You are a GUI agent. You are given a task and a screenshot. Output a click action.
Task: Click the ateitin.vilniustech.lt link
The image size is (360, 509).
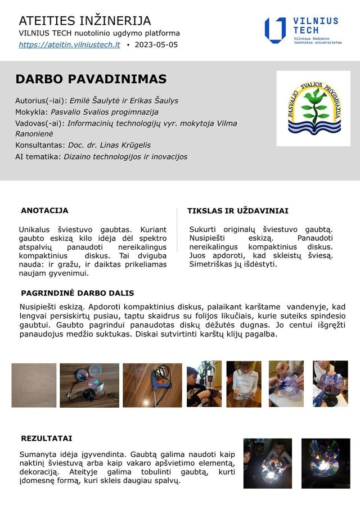[69, 44]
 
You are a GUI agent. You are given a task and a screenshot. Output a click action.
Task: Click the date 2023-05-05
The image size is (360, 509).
[156, 44]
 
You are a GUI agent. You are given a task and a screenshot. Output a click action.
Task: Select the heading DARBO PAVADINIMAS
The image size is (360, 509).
[91, 79]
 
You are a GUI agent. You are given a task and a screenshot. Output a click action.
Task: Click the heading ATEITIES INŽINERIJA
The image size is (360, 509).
[85, 21]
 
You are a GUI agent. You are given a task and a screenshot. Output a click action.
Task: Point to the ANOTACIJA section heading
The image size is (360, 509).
[44, 210]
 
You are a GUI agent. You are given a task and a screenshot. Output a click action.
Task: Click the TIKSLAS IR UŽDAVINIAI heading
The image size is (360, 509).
[237, 211]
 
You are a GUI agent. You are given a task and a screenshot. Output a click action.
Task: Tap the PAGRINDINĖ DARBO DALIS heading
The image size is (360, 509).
[77, 293]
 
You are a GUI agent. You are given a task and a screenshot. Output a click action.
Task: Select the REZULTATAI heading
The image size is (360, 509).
[47, 438]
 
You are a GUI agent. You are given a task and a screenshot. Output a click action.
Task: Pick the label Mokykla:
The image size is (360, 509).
[31, 112]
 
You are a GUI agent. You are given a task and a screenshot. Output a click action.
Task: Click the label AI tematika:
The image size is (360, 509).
[38, 156]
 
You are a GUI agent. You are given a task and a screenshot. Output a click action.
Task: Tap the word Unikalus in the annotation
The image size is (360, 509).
[35, 229]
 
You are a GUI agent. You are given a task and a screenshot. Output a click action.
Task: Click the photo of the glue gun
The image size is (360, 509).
[152, 385]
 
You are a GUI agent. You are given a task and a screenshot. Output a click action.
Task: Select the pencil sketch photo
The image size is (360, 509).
[34, 385]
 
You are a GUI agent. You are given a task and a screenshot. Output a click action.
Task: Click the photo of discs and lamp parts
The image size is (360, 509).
[89, 385]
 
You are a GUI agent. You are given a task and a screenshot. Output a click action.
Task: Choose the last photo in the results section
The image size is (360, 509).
[326, 463]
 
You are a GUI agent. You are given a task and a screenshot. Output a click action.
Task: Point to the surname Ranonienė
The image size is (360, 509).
[38, 134]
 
